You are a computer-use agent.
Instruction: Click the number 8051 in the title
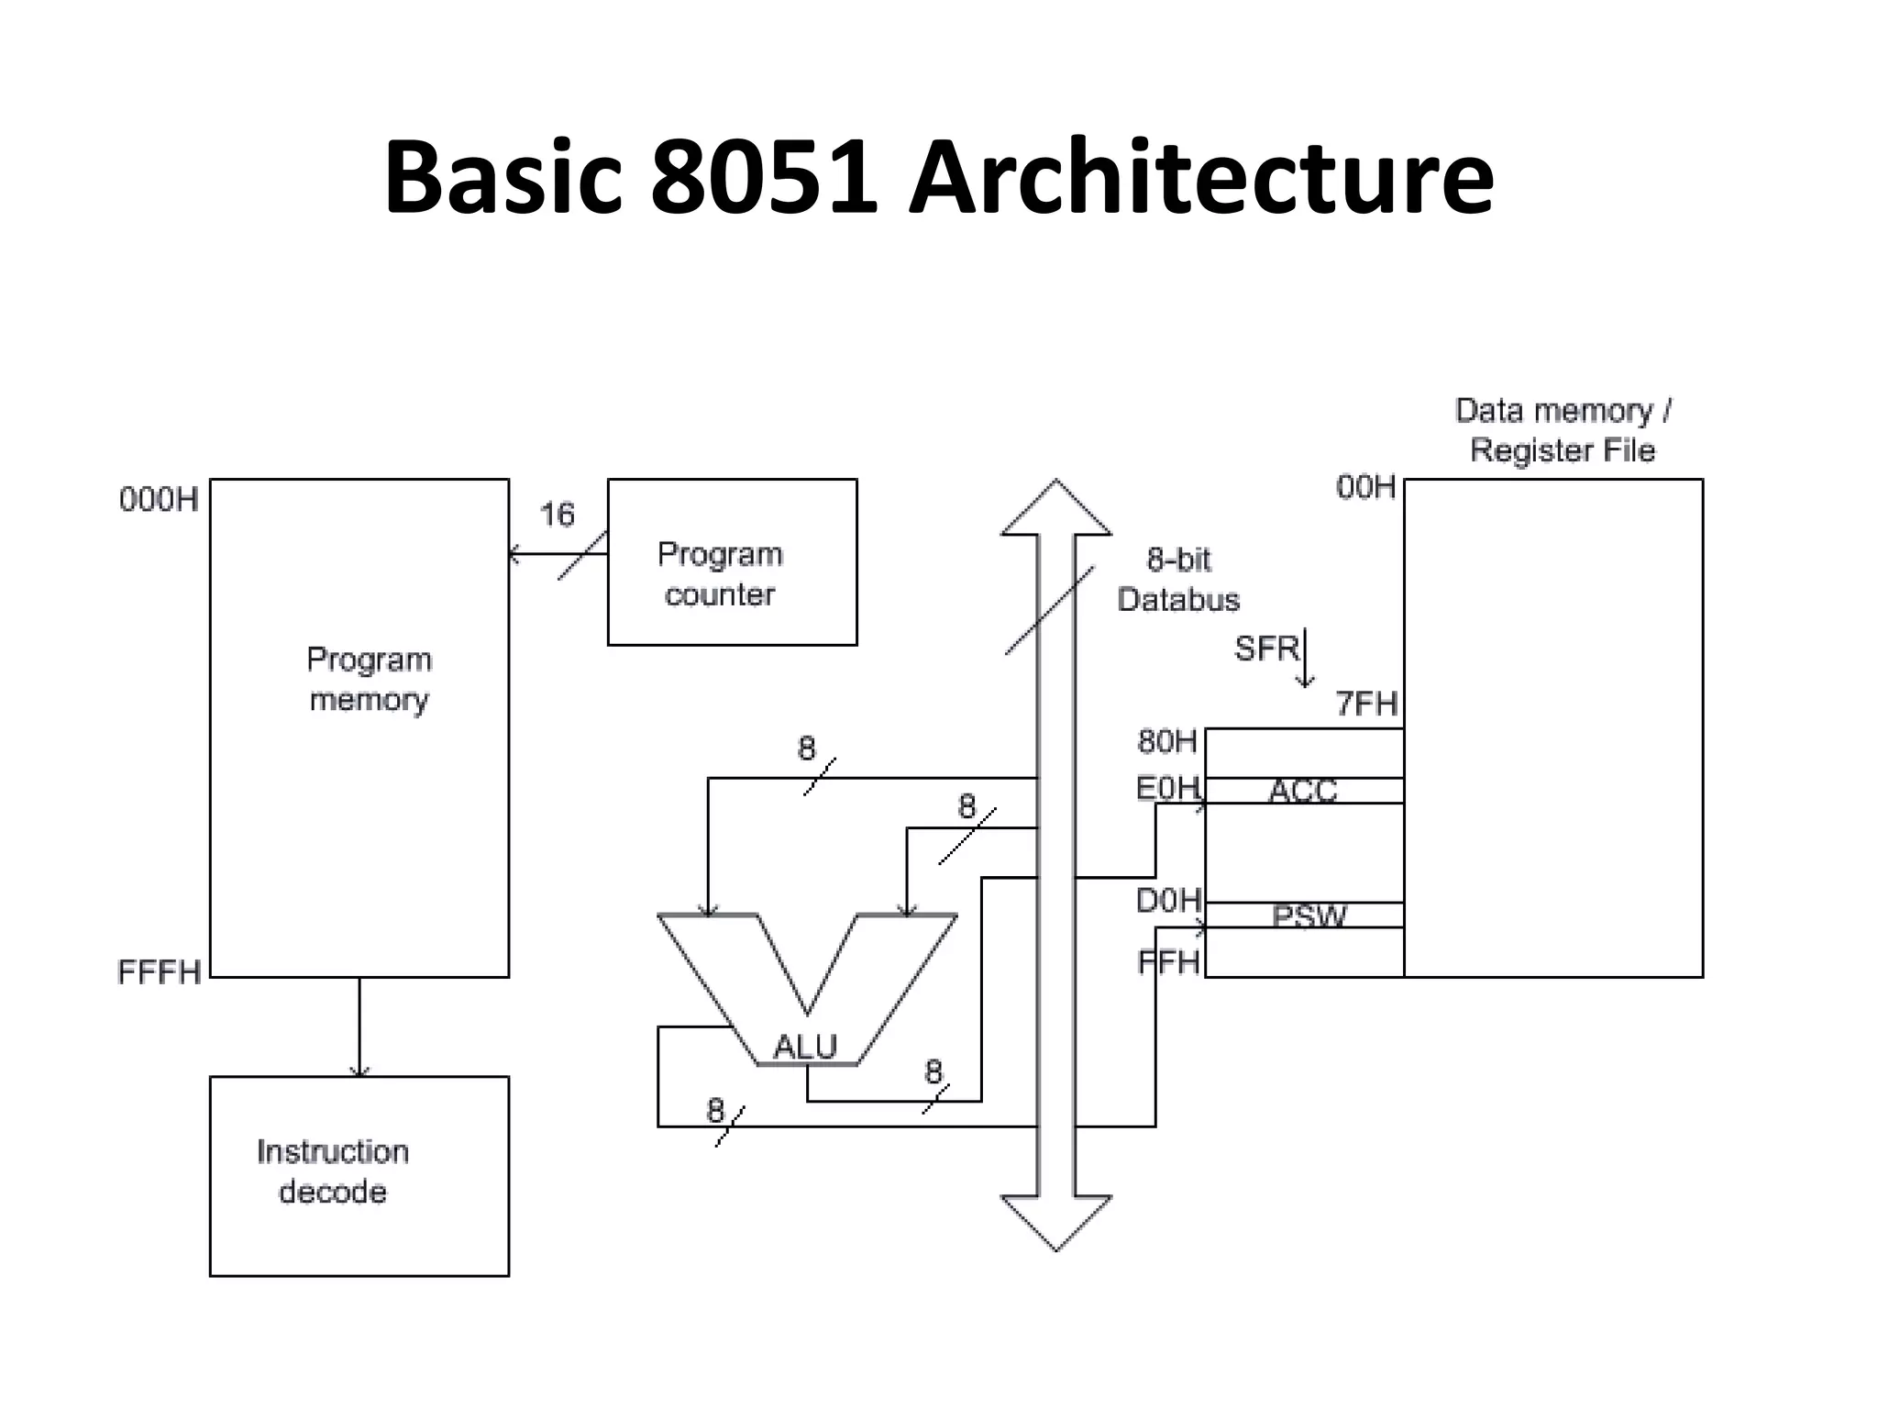(x=764, y=176)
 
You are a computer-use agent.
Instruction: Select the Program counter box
(x=732, y=562)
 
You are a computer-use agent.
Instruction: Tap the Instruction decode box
(x=359, y=1175)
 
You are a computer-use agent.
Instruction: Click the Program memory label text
(x=369, y=680)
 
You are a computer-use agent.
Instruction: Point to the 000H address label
(x=159, y=500)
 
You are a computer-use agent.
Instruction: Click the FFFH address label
(x=159, y=972)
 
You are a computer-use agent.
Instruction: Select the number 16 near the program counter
(x=557, y=515)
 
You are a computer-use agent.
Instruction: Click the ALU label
(x=805, y=1047)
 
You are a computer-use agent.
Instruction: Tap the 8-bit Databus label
(x=1178, y=580)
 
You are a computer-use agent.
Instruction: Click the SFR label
(x=1266, y=649)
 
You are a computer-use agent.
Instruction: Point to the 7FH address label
(x=1366, y=704)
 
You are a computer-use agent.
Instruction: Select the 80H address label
(x=1167, y=741)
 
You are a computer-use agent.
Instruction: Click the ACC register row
(x=1303, y=791)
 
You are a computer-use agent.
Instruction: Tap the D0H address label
(x=1168, y=901)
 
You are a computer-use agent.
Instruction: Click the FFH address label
(x=1168, y=962)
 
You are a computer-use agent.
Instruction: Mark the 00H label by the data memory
(x=1365, y=487)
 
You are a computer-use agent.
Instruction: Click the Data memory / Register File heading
(x=1563, y=430)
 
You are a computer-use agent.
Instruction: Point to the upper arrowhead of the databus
(x=1055, y=507)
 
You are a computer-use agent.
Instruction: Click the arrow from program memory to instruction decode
(x=359, y=1026)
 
